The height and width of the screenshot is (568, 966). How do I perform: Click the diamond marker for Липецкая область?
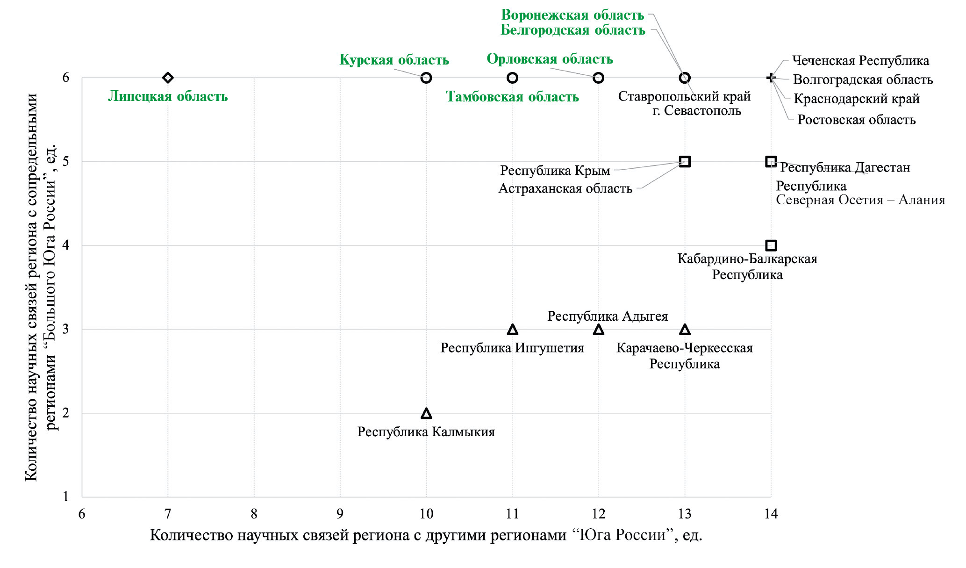(168, 78)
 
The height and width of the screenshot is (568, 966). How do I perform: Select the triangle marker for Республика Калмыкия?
(426, 413)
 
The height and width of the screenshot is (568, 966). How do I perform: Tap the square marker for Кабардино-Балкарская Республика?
(771, 245)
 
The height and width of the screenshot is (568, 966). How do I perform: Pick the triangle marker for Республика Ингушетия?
(512, 330)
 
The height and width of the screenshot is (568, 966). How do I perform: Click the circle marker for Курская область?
(426, 78)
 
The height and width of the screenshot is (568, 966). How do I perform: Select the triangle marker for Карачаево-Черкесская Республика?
(685, 330)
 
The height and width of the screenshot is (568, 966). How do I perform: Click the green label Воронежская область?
(572, 15)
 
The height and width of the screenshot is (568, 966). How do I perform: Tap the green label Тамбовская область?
(512, 97)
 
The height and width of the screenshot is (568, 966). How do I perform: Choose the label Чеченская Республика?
(860, 61)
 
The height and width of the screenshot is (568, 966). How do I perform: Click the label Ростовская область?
(856, 120)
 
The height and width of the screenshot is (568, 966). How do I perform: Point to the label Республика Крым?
(555, 171)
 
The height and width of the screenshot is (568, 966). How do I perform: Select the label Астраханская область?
(565, 188)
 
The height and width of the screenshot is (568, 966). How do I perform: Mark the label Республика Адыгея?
(608, 316)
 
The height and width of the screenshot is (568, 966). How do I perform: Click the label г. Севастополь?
(697, 111)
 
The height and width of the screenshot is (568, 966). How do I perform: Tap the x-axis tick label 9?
(340, 514)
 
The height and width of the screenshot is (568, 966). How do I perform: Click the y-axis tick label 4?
(66, 245)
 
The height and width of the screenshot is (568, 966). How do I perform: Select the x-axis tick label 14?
(771, 514)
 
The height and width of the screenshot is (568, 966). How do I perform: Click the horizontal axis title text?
(426, 535)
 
